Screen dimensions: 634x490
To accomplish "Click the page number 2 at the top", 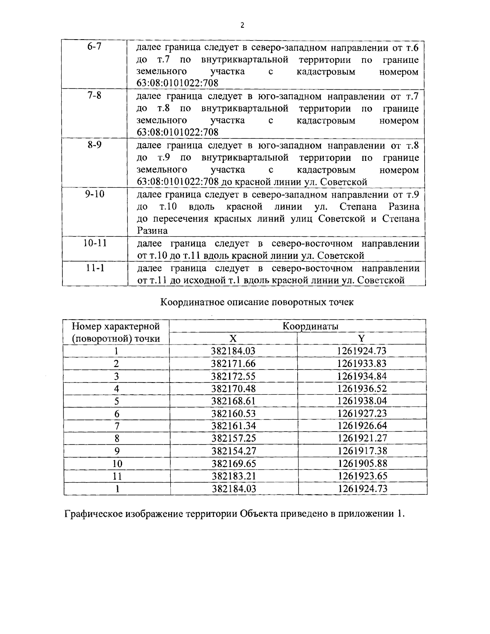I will (242, 26).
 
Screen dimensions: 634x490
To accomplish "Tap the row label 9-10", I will (94, 194).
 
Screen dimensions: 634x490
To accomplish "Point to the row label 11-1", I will (94, 268).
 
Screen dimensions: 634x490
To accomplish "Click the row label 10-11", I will (94, 244).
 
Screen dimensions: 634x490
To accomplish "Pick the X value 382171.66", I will (234, 363).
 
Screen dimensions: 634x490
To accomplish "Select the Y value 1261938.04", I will (362, 400).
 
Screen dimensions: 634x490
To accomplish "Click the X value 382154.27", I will (234, 451).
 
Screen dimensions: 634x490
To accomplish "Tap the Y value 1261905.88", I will (362, 463).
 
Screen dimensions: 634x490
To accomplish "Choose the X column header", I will (233, 338).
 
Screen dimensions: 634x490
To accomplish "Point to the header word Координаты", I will (311, 326).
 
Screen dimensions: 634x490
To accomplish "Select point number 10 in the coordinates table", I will (117, 463).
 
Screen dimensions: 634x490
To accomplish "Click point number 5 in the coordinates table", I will (117, 400).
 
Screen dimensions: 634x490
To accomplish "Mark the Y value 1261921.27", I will (362, 438).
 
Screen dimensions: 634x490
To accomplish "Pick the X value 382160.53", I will (234, 413).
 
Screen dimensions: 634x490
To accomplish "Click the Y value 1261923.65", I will (362, 476).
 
